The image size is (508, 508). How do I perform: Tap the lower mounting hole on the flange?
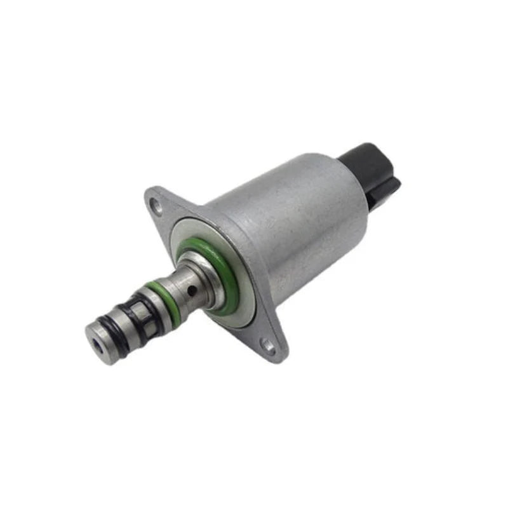pos(269,347)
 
